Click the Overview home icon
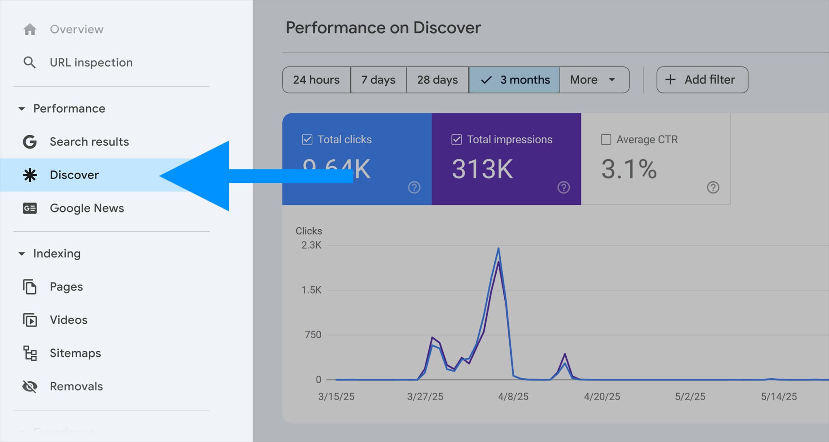pyautogui.click(x=30, y=29)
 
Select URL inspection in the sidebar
pyautogui.click(x=91, y=62)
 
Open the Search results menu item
pyautogui.click(x=89, y=142)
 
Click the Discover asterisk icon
pyautogui.click(x=30, y=175)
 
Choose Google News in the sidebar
pyautogui.click(x=87, y=208)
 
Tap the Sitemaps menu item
pyautogui.click(x=75, y=353)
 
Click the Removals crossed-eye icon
pyautogui.click(x=30, y=386)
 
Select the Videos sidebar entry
pyautogui.click(x=68, y=320)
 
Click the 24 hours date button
pyautogui.click(x=316, y=80)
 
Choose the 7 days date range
pyautogui.click(x=378, y=80)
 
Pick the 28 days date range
pyautogui.click(x=437, y=80)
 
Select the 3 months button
pyautogui.click(x=514, y=80)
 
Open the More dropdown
pyautogui.click(x=593, y=80)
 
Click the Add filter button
pyautogui.click(x=702, y=80)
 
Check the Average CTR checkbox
pyautogui.click(x=606, y=140)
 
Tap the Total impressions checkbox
pyautogui.click(x=457, y=140)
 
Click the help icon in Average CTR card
pyautogui.click(x=713, y=187)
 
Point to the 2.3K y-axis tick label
pyautogui.click(x=311, y=245)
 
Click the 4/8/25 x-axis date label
pyautogui.click(x=513, y=397)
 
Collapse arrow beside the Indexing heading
pyautogui.click(x=22, y=254)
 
